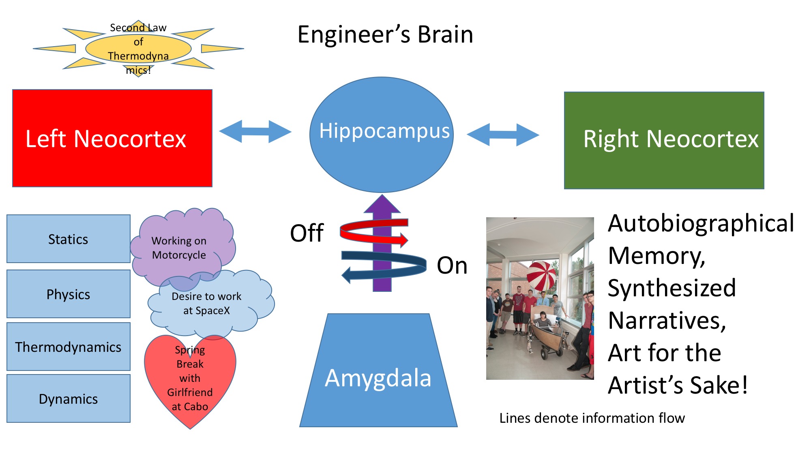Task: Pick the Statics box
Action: pyautogui.click(x=68, y=239)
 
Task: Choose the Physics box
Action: pyautogui.click(x=68, y=294)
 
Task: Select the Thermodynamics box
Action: pyautogui.click(x=68, y=347)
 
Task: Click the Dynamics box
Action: pyautogui.click(x=68, y=398)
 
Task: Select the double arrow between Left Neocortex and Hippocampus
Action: pyautogui.click(x=255, y=131)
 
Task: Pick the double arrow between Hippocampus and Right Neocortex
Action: pyautogui.click(x=503, y=135)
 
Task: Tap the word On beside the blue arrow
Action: pyautogui.click(x=452, y=265)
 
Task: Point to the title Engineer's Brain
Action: pyautogui.click(x=385, y=34)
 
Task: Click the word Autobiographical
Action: pyautogui.click(x=701, y=223)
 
